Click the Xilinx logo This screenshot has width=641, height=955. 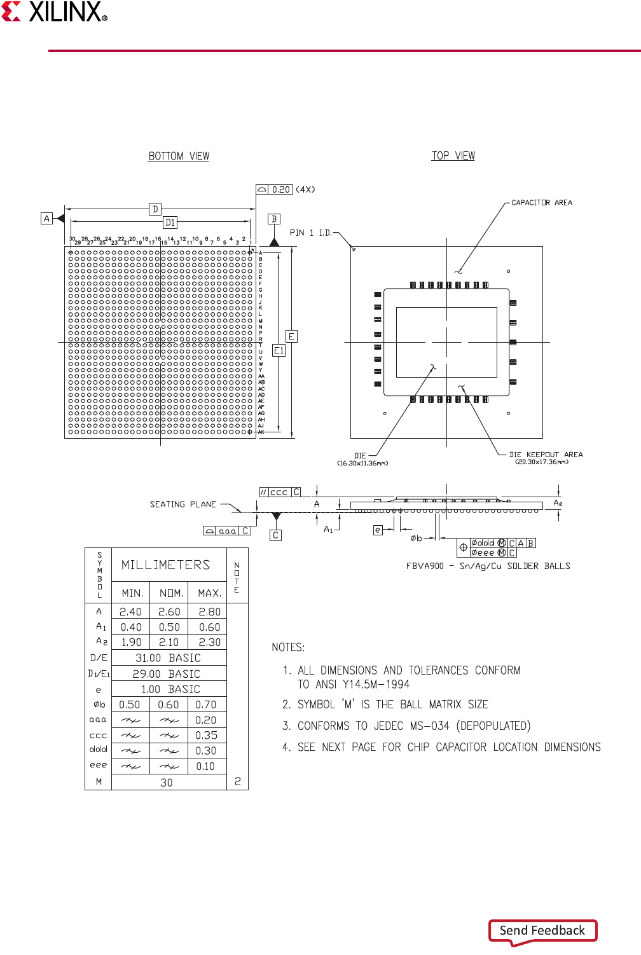click(54, 12)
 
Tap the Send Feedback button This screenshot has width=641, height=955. click(542, 930)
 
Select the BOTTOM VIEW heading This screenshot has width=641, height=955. click(179, 156)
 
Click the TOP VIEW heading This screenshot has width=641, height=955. click(453, 156)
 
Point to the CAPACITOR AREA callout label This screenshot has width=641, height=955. click(541, 203)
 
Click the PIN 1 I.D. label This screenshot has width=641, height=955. click(311, 233)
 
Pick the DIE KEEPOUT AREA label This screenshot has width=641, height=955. click(546, 455)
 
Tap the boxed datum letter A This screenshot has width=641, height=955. click(46, 219)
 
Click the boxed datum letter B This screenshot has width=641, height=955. click(274, 219)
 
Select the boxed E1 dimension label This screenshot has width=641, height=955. click(279, 350)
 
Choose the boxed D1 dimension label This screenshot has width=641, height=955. click(170, 223)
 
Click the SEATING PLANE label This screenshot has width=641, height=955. click(183, 504)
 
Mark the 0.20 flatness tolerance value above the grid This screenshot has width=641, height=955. click(281, 189)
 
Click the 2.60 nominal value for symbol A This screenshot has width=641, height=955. click(169, 612)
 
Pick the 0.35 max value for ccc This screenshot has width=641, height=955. click(207, 736)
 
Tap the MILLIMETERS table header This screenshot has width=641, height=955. click(165, 565)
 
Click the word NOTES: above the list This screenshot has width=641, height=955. click(288, 647)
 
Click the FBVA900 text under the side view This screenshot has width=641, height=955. click(425, 566)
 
